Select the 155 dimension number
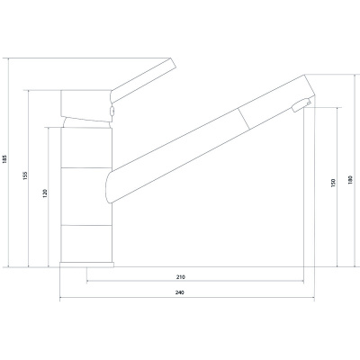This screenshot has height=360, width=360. click(25, 175)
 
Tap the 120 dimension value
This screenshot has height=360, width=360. click(45, 193)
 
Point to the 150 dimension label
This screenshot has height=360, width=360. click(334, 183)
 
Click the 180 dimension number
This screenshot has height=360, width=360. click(350, 179)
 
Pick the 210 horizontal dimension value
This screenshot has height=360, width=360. click(180, 277)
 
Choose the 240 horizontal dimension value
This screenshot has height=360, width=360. click(179, 292)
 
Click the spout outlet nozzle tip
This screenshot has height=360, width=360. click(300, 105)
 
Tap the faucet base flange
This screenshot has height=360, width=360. click(86, 265)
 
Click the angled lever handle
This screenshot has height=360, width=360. click(142, 80)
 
